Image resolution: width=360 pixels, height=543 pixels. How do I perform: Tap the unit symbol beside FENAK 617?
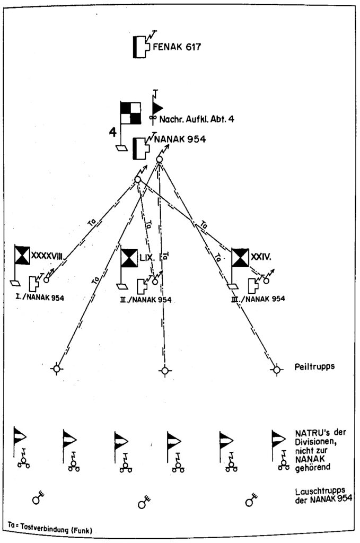[x=139, y=47]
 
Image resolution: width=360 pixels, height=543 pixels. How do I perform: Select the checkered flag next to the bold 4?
[x=130, y=112]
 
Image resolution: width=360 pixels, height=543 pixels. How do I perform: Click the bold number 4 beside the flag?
[x=112, y=132]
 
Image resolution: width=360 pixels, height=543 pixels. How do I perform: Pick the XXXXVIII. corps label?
[x=48, y=256]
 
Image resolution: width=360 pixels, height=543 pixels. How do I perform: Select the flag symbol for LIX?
[x=129, y=258]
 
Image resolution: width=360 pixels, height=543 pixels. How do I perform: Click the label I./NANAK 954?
[x=37, y=297]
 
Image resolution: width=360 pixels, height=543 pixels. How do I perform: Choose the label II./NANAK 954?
[x=143, y=299]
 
